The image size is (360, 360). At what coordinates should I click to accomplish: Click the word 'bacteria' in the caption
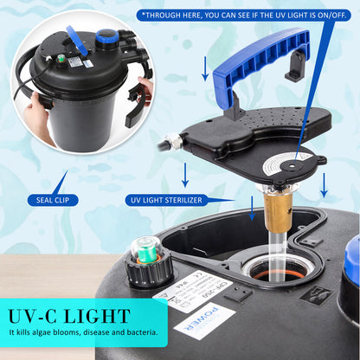click(136, 332)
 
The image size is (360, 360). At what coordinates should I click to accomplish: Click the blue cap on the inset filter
click(106, 36)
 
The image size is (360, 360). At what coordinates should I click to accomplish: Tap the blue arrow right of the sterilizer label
click(251, 206)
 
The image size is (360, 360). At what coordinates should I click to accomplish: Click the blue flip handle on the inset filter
click(76, 38)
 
